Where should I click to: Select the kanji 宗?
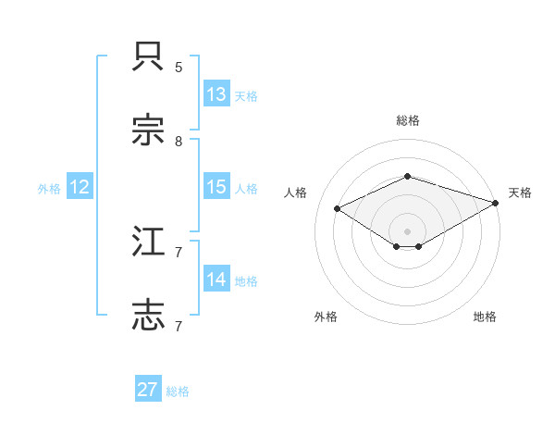[x=149, y=130]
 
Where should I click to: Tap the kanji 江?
[x=149, y=242]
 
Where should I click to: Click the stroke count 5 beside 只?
[x=179, y=68]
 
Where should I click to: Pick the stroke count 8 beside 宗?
[x=179, y=141]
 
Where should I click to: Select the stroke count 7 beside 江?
[x=179, y=252]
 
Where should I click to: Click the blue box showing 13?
[x=216, y=94]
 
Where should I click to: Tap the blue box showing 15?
[x=216, y=187]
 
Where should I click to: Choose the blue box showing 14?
[x=216, y=280]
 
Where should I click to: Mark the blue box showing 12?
[x=80, y=187]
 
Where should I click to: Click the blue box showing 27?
[x=148, y=390]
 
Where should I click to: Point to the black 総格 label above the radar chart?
[x=407, y=120]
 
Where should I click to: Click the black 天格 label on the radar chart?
[x=520, y=193]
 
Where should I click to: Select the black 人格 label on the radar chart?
[x=295, y=193]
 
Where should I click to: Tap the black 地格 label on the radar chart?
[x=485, y=317]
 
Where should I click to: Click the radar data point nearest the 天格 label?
[x=496, y=203]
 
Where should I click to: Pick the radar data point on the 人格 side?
[x=338, y=209]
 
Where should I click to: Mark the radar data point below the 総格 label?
[x=407, y=176]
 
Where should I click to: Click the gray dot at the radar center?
[x=407, y=230]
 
